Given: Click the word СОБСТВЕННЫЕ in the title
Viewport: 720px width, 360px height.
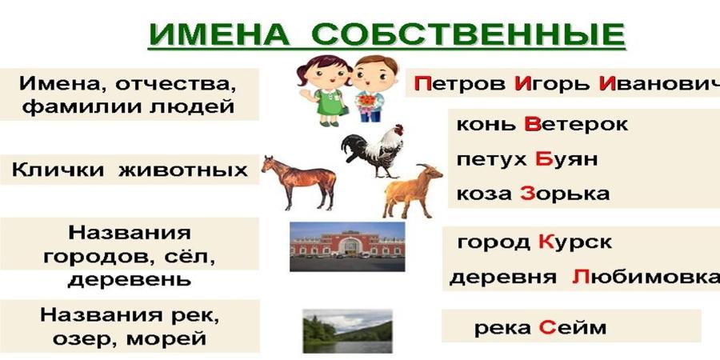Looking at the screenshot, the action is [x=468, y=34].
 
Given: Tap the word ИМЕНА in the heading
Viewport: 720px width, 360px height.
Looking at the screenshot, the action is [x=219, y=34].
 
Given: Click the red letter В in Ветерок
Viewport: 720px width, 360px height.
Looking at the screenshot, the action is [x=532, y=124].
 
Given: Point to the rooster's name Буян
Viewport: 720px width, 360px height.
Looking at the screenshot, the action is [x=566, y=159].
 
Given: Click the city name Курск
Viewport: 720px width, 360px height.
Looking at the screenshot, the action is [x=574, y=242].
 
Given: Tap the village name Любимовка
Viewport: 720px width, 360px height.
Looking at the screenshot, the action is [x=645, y=278].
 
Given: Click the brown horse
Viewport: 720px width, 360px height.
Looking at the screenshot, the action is [x=299, y=181].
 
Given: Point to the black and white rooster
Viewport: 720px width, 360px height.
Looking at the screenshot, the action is [x=374, y=150].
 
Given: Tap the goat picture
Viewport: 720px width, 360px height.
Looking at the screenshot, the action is [x=412, y=190].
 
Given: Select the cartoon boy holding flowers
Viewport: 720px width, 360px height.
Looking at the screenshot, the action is [x=370, y=89].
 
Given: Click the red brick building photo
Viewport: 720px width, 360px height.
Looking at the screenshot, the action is [x=347, y=246].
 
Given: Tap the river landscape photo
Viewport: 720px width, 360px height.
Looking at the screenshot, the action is [x=348, y=331].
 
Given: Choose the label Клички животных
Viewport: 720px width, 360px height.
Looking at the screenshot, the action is [x=130, y=170].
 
